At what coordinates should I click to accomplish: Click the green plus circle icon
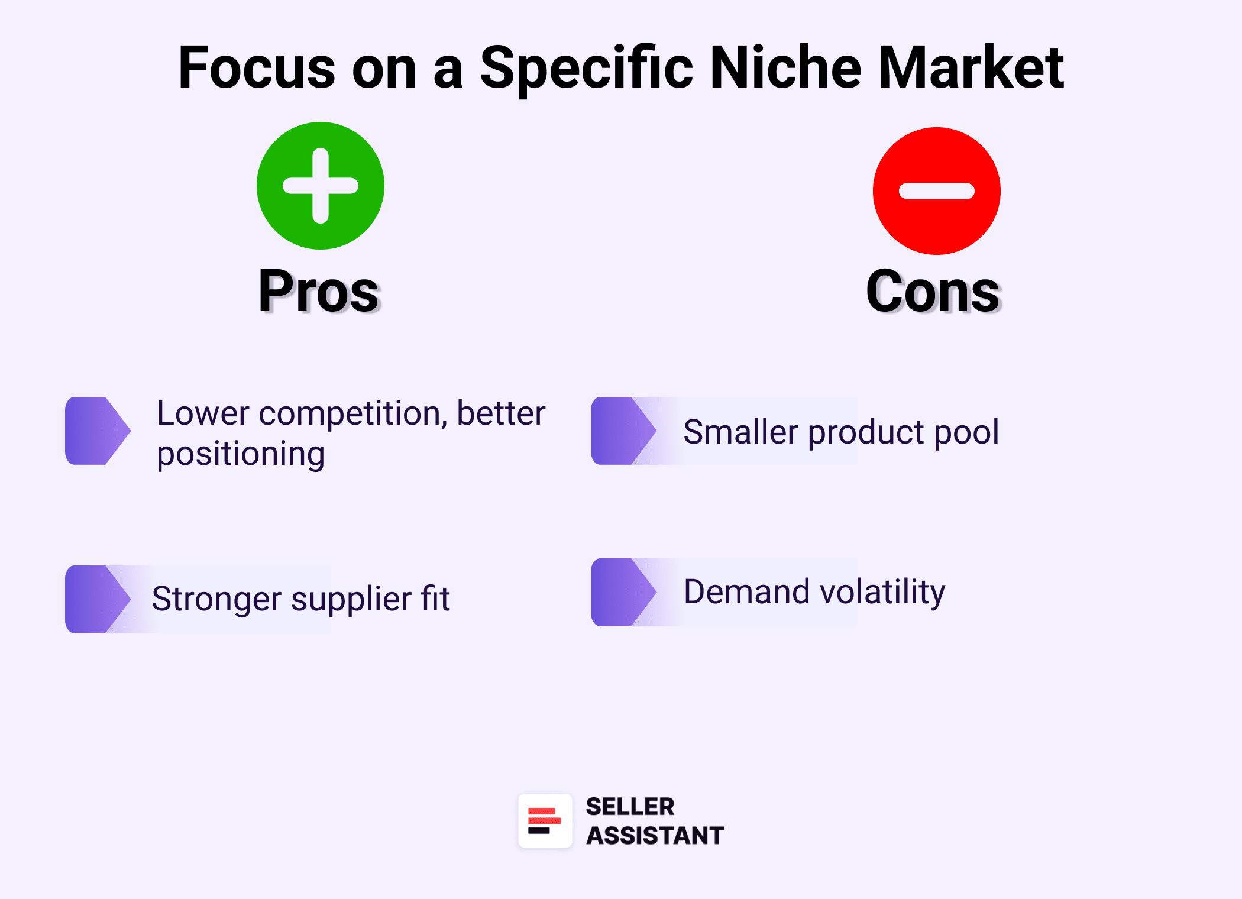click(321, 186)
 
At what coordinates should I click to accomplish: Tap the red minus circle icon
click(937, 191)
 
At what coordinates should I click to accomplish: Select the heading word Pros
click(319, 291)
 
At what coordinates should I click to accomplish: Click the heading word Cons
click(933, 291)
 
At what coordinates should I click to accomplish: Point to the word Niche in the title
click(785, 68)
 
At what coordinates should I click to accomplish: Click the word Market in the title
click(971, 68)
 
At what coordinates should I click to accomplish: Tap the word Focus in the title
click(257, 68)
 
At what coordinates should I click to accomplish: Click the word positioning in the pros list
click(241, 454)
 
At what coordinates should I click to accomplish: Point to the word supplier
click(351, 599)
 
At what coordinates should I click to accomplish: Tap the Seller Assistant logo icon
click(545, 821)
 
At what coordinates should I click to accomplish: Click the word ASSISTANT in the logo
click(655, 836)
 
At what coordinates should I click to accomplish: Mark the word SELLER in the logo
click(630, 807)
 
